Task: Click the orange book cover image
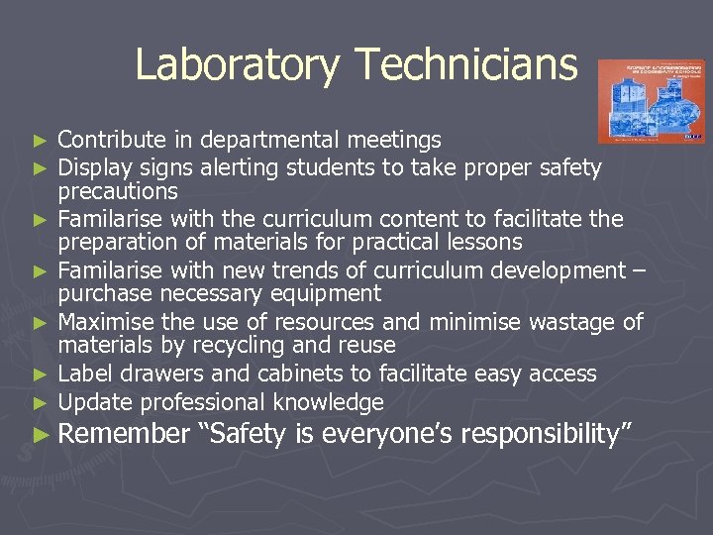pyautogui.click(x=651, y=100)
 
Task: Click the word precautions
pyautogui.click(x=118, y=191)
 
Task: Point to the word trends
pyautogui.click(x=308, y=270)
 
